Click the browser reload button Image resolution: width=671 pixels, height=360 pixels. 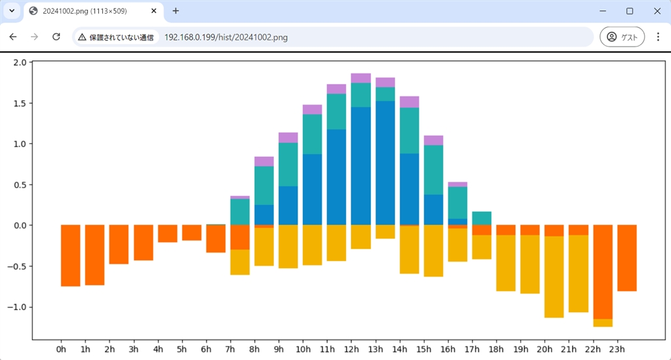(x=56, y=37)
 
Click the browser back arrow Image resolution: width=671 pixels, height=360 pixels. (x=13, y=37)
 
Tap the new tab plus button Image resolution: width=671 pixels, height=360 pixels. (x=176, y=11)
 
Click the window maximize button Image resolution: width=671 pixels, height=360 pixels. (x=630, y=11)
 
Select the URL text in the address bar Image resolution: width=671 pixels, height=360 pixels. (x=225, y=37)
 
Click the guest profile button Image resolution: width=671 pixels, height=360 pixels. (x=622, y=37)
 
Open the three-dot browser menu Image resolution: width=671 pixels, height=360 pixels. (x=658, y=37)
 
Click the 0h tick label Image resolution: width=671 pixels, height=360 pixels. (x=62, y=349)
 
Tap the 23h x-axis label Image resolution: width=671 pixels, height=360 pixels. (x=617, y=349)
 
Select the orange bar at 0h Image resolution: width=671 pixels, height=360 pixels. (x=71, y=256)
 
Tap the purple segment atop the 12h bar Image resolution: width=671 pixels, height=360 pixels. (x=361, y=78)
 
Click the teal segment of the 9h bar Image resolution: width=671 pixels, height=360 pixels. (x=288, y=164)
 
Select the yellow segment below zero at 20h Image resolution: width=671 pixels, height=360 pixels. (x=554, y=277)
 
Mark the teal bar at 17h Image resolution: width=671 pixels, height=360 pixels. (x=482, y=218)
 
